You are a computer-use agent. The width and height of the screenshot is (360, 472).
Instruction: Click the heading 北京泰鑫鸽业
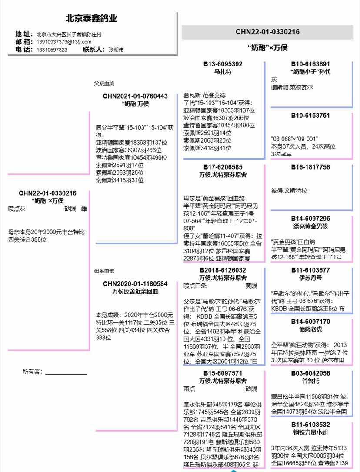[x=91, y=19]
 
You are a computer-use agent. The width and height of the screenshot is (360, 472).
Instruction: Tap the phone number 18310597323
[x=52, y=50]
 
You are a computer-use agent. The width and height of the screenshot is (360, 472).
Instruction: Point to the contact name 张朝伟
[x=116, y=50]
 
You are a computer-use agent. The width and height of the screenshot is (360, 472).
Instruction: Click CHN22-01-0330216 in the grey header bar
[x=267, y=32]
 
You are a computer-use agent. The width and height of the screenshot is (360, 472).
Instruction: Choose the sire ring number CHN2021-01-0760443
[x=135, y=96]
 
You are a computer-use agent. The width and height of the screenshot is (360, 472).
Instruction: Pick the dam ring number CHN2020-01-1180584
[x=135, y=283]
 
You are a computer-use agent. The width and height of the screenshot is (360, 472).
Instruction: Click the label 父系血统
[x=104, y=83]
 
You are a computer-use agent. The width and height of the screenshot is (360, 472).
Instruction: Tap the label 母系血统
[x=104, y=271]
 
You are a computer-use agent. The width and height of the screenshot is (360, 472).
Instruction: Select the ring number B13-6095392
[x=223, y=64]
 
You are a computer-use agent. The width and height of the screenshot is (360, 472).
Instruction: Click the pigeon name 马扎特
[x=223, y=72]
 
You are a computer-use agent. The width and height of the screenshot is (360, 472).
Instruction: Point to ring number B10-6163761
[x=310, y=116]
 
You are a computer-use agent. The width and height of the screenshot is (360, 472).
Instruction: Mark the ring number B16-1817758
[x=310, y=167]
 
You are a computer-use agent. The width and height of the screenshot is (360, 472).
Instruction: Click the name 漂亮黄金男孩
[x=310, y=226]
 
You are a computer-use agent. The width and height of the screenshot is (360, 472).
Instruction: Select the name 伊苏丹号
[x=310, y=278]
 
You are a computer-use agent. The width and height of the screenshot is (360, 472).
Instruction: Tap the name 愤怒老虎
[x=310, y=329]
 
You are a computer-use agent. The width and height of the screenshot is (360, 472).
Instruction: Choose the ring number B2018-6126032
[x=223, y=270]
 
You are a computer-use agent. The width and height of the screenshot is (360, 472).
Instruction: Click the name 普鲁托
[x=310, y=381]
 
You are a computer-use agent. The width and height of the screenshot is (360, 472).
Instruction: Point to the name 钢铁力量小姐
[x=310, y=432]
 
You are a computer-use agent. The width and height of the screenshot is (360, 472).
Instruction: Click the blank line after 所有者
[x=66, y=372]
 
